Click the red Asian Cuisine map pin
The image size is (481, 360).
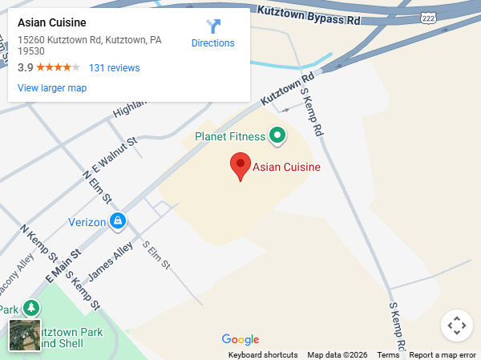(x=240, y=166)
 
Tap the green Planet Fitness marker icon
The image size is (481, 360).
(x=277, y=136)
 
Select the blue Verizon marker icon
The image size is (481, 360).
(x=118, y=220)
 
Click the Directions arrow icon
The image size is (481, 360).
(x=213, y=26)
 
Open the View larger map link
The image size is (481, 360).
(x=52, y=88)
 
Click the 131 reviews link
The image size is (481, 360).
(x=114, y=68)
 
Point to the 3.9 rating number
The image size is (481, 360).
(x=25, y=68)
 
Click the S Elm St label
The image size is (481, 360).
(x=156, y=254)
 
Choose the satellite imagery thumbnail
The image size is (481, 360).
(x=25, y=335)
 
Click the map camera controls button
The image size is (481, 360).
(x=457, y=326)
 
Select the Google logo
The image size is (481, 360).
(x=240, y=340)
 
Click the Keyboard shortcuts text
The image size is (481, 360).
(x=263, y=355)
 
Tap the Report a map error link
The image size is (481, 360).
(x=443, y=355)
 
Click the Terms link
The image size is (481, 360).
(x=388, y=355)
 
